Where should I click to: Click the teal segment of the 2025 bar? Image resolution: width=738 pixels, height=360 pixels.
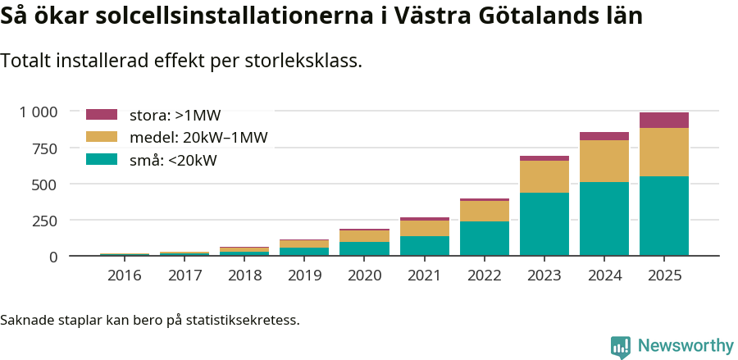point(664,216)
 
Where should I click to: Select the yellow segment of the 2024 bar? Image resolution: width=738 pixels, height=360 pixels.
point(604,161)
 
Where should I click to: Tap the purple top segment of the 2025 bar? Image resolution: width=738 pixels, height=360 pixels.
point(664,120)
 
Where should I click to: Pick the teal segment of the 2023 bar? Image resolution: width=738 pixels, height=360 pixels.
point(544,224)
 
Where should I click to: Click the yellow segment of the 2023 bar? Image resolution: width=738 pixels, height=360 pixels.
point(544,176)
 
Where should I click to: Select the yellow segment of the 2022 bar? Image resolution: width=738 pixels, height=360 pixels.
point(485,211)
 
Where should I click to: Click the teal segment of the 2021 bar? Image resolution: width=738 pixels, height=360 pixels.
point(424,246)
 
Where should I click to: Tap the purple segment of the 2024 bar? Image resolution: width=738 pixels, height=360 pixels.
point(604,136)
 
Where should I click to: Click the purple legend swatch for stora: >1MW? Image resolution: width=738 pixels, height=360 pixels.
point(102,115)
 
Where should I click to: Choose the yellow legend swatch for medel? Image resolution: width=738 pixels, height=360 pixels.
point(102,138)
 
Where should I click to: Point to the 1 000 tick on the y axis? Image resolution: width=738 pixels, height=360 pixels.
point(39,112)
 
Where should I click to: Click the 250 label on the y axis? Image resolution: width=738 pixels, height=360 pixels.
point(43,221)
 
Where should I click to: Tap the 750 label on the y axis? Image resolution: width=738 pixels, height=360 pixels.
point(43,148)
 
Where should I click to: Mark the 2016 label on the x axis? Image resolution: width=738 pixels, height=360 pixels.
point(125,275)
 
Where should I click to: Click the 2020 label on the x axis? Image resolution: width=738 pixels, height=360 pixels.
point(364,275)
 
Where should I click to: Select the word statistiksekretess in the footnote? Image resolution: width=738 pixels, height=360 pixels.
point(243,320)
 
